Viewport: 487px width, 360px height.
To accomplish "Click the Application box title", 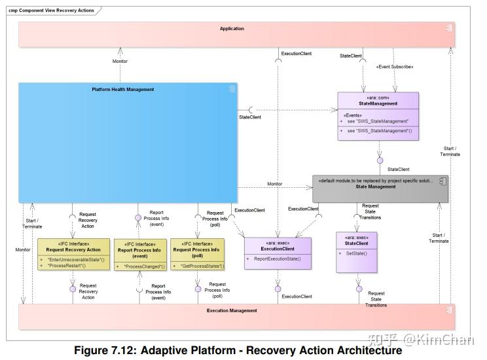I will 232,29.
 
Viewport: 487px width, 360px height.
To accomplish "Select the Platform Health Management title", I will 123,90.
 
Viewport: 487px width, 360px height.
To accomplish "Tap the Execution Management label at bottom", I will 232,311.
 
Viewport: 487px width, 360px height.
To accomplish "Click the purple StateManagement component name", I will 378,103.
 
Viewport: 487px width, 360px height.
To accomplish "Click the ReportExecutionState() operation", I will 277,259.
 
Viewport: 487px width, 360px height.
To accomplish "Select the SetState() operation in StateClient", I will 356,253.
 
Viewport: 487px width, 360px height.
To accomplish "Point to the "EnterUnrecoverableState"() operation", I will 76,260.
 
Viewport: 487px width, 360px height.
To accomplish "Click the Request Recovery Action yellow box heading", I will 73,249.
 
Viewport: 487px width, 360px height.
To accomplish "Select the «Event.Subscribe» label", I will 395,67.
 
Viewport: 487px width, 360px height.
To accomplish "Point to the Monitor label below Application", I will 120,62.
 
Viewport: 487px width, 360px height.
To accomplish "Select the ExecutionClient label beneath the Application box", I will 296,53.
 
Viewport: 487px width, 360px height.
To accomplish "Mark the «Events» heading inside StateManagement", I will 352,115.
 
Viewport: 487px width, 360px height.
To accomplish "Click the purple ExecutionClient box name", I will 278,249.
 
